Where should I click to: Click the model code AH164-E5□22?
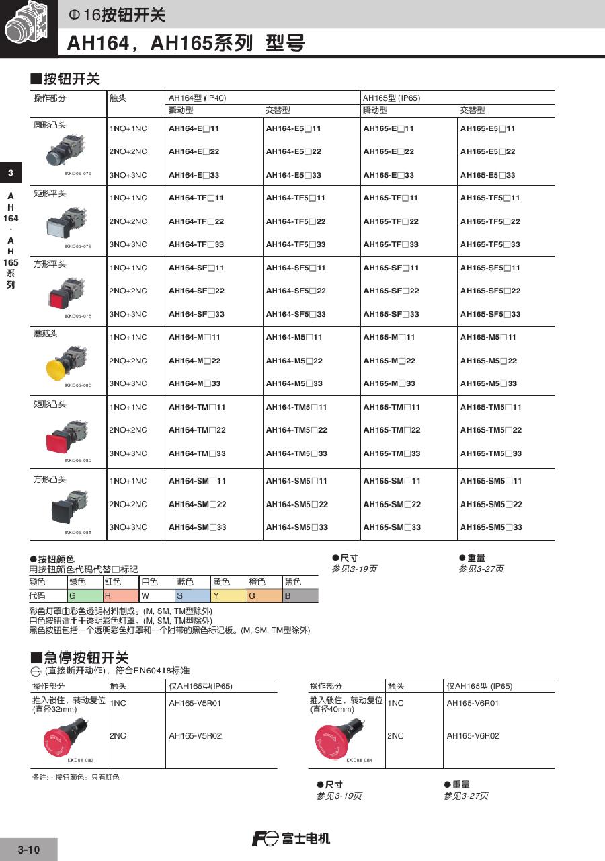click(x=293, y=152)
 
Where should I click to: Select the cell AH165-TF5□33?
click(x=490, y=245)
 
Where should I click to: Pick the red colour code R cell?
click(x=120, y=595)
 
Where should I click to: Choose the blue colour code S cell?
click(x=192, y=595)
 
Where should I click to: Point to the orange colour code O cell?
click(x=264, y=595)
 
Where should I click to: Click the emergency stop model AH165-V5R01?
click(x=195, y=704)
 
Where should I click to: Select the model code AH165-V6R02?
click(x=473, y=736)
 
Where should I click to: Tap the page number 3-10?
click(x=29, y=850)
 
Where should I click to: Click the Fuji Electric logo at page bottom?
click(x=291, y=839)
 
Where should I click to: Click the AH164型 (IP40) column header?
click(x=197, y=98)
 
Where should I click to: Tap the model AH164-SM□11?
click(x=197, y=481)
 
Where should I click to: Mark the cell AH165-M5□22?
click(x=489, y=361)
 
